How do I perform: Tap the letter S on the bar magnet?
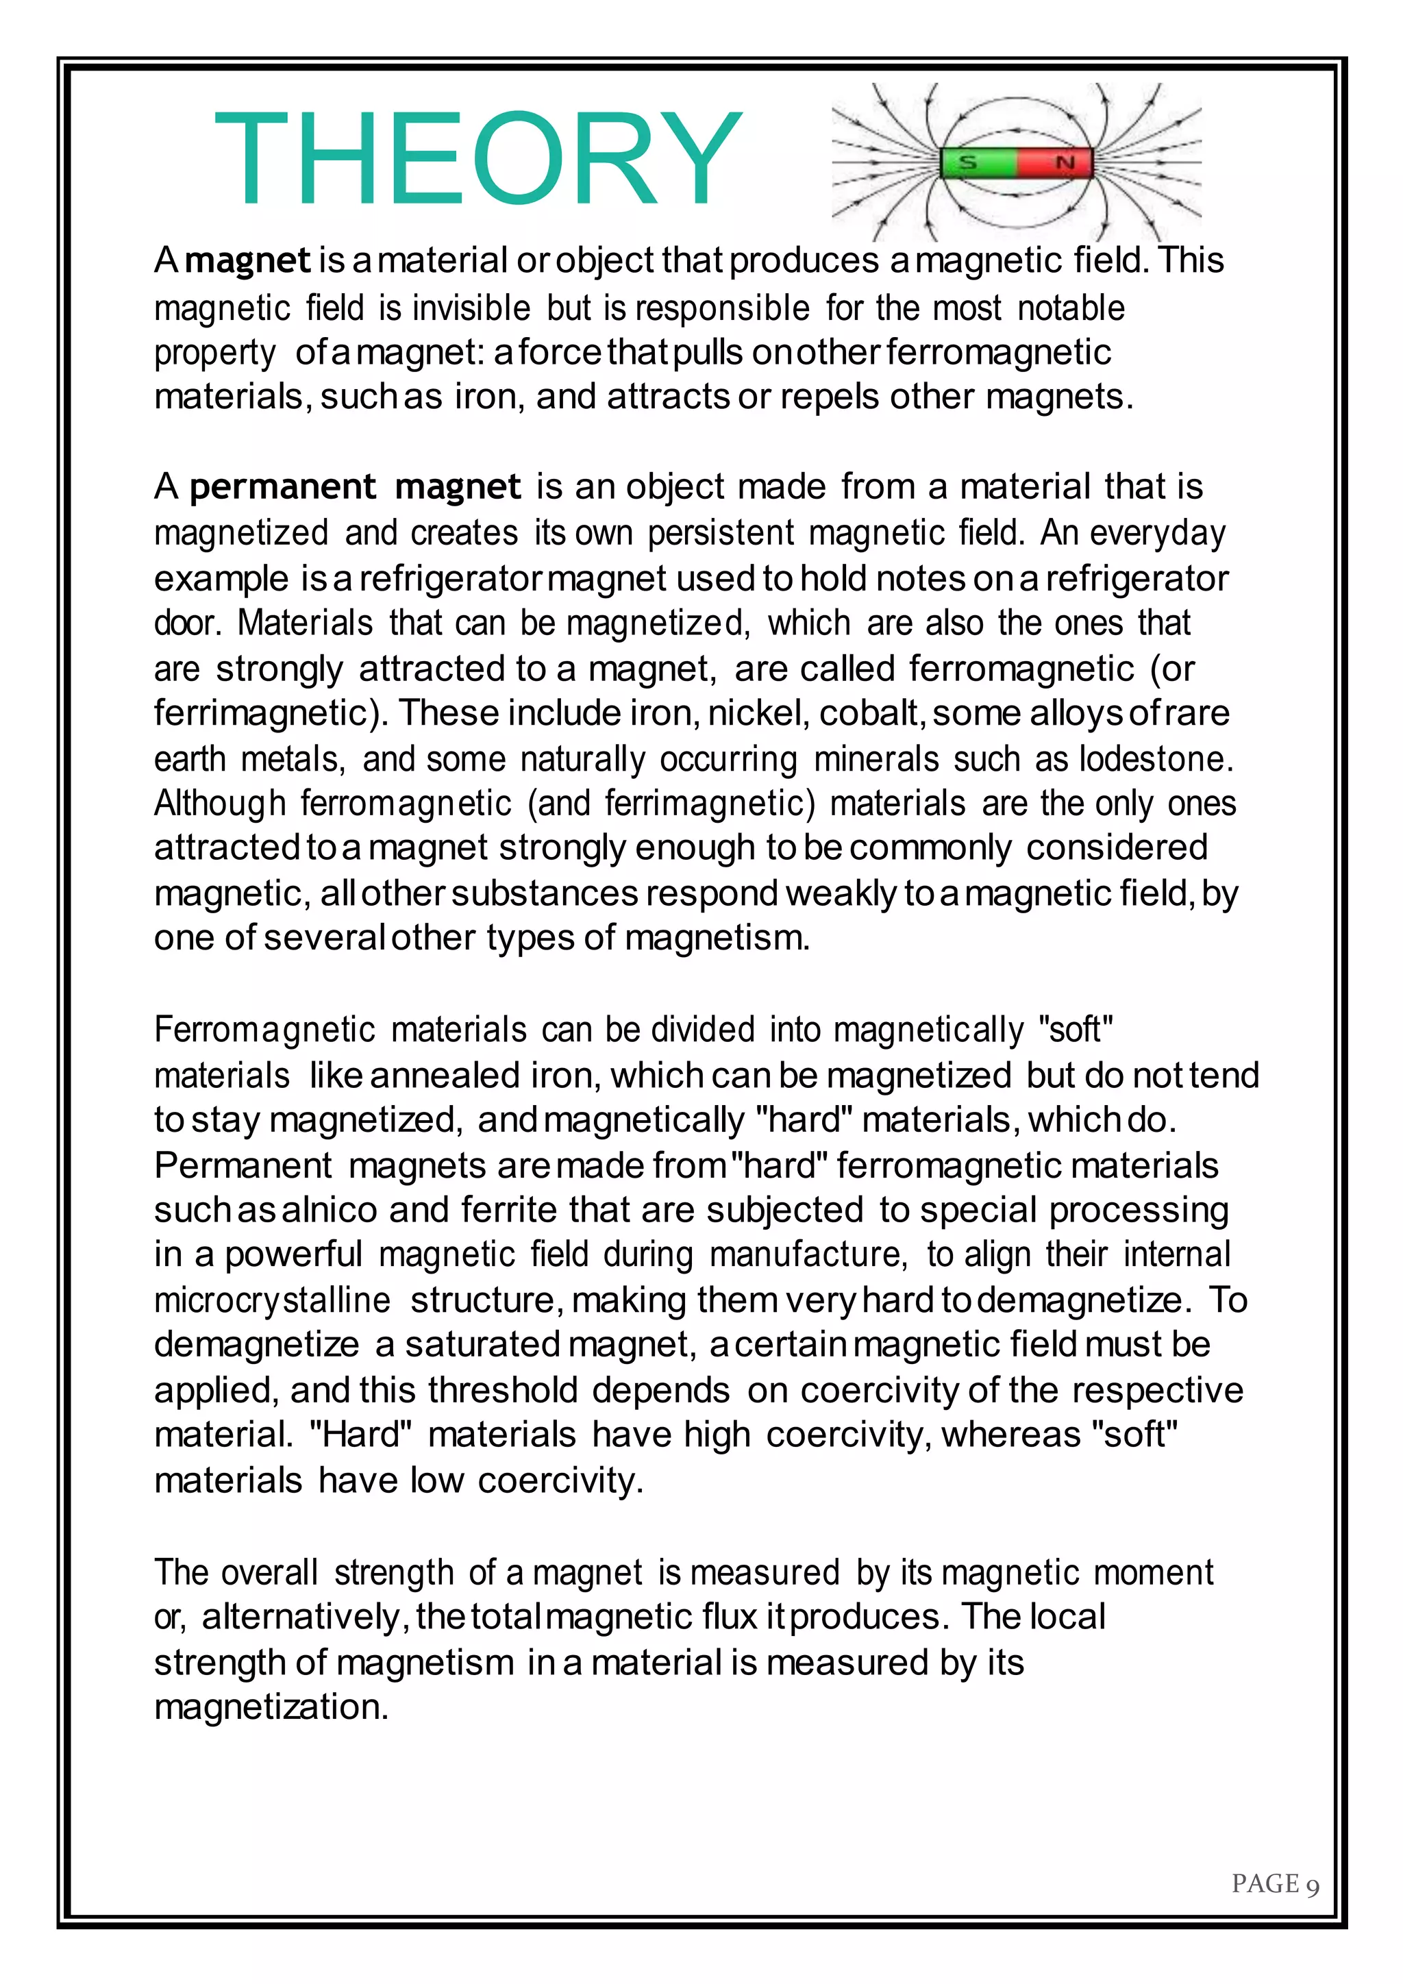point(969,162)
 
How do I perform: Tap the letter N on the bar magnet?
point(1065,162)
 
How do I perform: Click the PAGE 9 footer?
point(1274,1884)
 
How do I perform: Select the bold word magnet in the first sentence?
point(248,261)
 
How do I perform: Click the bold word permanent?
point(282,487)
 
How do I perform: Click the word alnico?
point(329,1211)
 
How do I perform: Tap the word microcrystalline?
point(272,1300)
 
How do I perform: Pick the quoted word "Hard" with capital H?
point(360,1435)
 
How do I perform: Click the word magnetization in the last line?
point(271,1707)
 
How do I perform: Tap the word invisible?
point(470,308)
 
